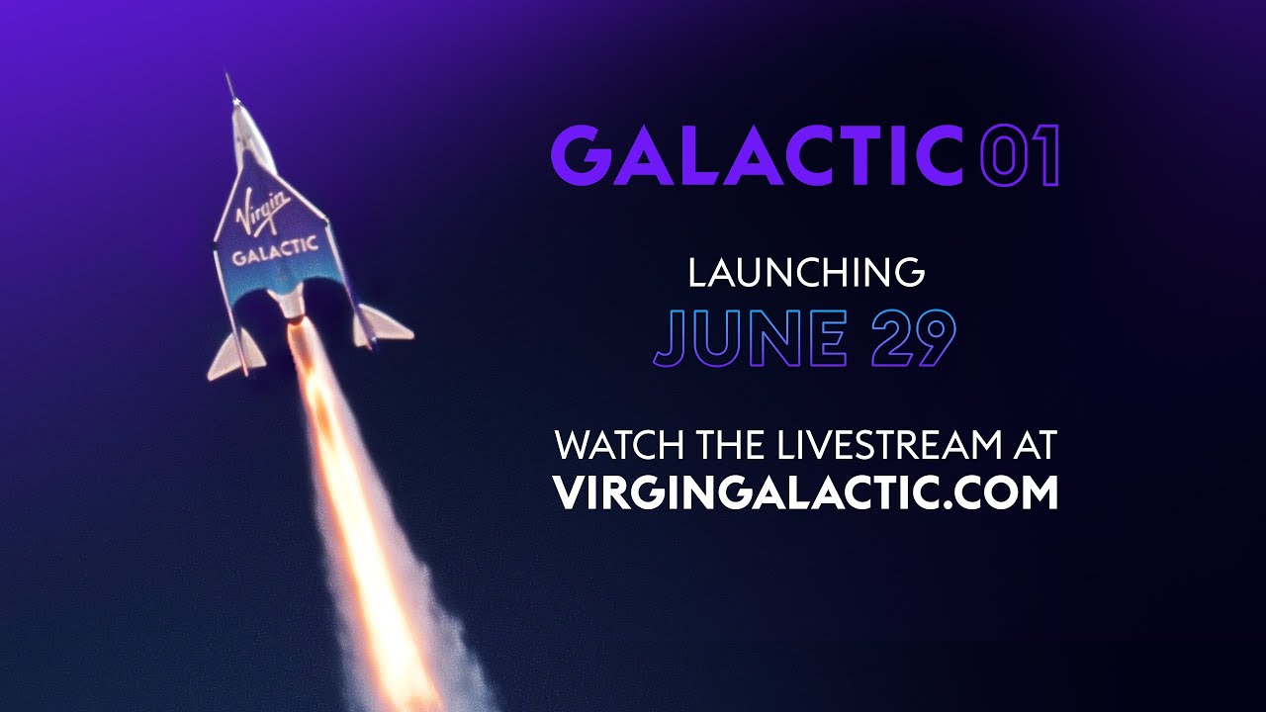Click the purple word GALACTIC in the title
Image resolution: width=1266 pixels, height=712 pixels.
[757, 155]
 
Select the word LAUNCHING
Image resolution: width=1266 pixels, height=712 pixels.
[806, 273]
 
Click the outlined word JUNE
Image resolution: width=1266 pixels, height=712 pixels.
[750, 339]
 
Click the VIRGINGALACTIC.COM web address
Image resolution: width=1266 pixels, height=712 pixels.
[806, 492]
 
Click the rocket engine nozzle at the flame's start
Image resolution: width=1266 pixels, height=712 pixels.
[294, 314]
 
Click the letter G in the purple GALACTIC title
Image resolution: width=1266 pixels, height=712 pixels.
[579, 155]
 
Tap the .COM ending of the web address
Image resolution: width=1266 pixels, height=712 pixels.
[1007, 492]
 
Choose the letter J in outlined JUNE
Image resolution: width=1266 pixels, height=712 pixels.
[670, 339]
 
